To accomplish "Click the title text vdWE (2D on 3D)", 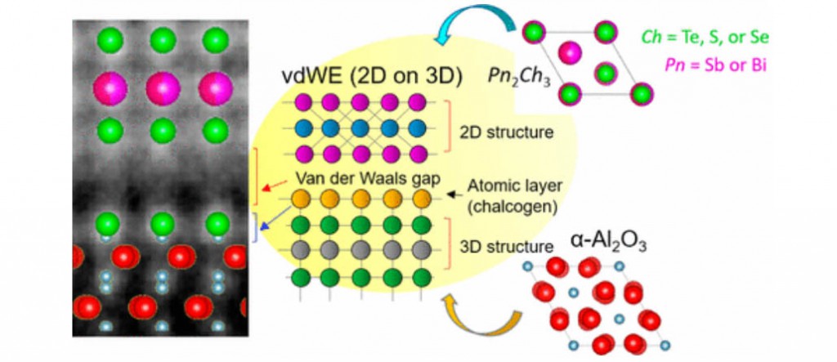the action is [x=372, y=77].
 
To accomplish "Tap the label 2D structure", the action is [x=507, y=132].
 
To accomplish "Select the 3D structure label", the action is [x=507, y=247].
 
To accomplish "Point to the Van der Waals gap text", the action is [x=369, y=180].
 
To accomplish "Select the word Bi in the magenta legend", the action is [x=759, y=65].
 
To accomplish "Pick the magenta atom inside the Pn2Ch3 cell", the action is [x=570, y=53].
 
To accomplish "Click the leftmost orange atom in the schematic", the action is [x=302, y=199].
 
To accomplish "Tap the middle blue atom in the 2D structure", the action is [x=360, y=128].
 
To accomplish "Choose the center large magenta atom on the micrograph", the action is [x=163, y=88].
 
